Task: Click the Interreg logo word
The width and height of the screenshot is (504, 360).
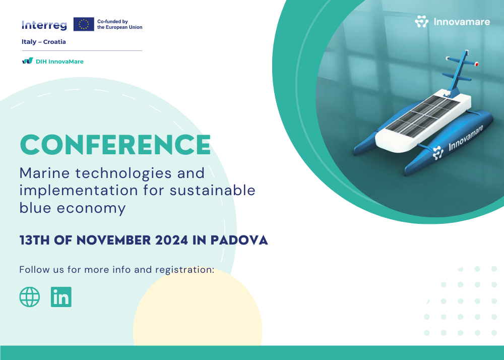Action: (x=44, y=25)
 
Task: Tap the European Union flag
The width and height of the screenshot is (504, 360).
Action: (x=84, y=24)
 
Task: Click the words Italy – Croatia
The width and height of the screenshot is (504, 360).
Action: (x=44, y=42)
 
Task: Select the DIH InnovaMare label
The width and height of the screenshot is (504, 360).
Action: (x=59, y=62)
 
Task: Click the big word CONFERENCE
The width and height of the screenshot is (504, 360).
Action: (x=115, y=145)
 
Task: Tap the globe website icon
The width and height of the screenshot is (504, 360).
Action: (x=30, y=296)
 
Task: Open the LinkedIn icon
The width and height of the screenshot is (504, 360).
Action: (x=61, y=296)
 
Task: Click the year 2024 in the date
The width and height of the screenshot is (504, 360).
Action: (x=172, y=240)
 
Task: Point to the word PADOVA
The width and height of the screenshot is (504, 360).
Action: (x=239, y=240)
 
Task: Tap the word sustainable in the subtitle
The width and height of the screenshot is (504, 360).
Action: (x=213, y=190)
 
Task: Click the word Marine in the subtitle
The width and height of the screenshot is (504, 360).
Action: (x=45, y=173)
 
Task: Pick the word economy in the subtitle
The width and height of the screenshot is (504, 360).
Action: (x=91, y=208)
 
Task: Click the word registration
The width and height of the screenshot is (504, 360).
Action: (x=185, y=270)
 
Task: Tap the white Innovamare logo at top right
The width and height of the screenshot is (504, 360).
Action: (x=452, y=22)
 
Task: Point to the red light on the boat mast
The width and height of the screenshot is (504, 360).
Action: (x=476, y=64)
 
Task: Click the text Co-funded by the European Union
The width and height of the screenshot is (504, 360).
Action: (x=119, y=24)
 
